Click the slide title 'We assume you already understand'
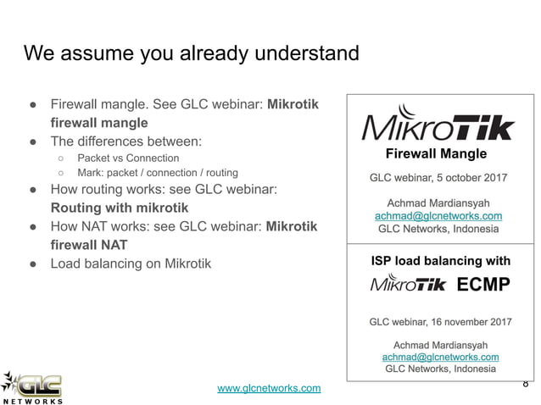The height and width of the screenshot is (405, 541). coord(191,54)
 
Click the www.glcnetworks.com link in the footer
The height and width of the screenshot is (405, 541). coord(269,388)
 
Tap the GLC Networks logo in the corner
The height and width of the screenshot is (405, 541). coord(32,387)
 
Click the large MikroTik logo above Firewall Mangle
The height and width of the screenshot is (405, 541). coord(438,125)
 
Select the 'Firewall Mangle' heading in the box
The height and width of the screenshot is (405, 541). coord(436,154)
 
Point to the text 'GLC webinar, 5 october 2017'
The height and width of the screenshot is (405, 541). coord(438,179)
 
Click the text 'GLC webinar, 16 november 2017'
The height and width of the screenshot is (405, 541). coord(440,322)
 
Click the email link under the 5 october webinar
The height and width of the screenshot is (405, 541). coord(438,216)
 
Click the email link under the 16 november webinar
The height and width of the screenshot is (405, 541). coord(440,358)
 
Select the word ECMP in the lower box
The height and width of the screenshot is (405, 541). coord(483,285)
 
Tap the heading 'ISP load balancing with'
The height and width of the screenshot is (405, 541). coord(440,261)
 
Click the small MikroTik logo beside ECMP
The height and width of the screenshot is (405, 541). coord(408,285)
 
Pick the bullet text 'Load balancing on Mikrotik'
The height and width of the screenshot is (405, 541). coord(131,264)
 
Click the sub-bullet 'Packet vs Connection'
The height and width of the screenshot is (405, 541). coord(127,158)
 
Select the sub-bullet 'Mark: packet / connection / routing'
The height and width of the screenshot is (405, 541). coord(157,172)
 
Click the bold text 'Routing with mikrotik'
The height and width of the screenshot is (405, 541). coord(119,208)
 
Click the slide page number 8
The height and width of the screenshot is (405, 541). coord(526,383)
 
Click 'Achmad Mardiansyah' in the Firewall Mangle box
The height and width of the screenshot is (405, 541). coord(438,203)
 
